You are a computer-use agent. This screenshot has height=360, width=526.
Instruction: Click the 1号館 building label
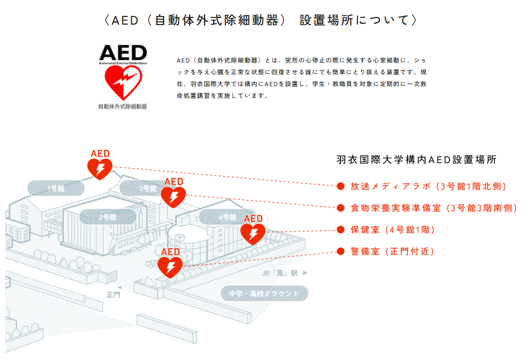pos(56,189)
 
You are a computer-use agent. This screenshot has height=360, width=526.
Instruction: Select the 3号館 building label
pos(148,188)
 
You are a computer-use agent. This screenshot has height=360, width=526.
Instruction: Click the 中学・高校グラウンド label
pos(264,294)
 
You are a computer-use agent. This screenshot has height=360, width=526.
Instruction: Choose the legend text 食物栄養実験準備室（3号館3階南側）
pos(434,208)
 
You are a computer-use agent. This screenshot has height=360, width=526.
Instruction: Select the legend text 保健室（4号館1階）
pos(393,230)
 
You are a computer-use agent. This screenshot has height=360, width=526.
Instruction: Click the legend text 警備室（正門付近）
pos(392,251)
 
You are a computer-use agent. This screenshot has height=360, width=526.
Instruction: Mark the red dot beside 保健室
pos(340,230)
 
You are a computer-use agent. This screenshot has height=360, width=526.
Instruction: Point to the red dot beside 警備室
pos(340,251)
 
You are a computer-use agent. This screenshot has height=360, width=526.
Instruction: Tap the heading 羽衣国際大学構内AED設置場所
pos(416,159)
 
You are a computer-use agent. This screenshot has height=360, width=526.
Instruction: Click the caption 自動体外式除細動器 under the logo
pos(123,107)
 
